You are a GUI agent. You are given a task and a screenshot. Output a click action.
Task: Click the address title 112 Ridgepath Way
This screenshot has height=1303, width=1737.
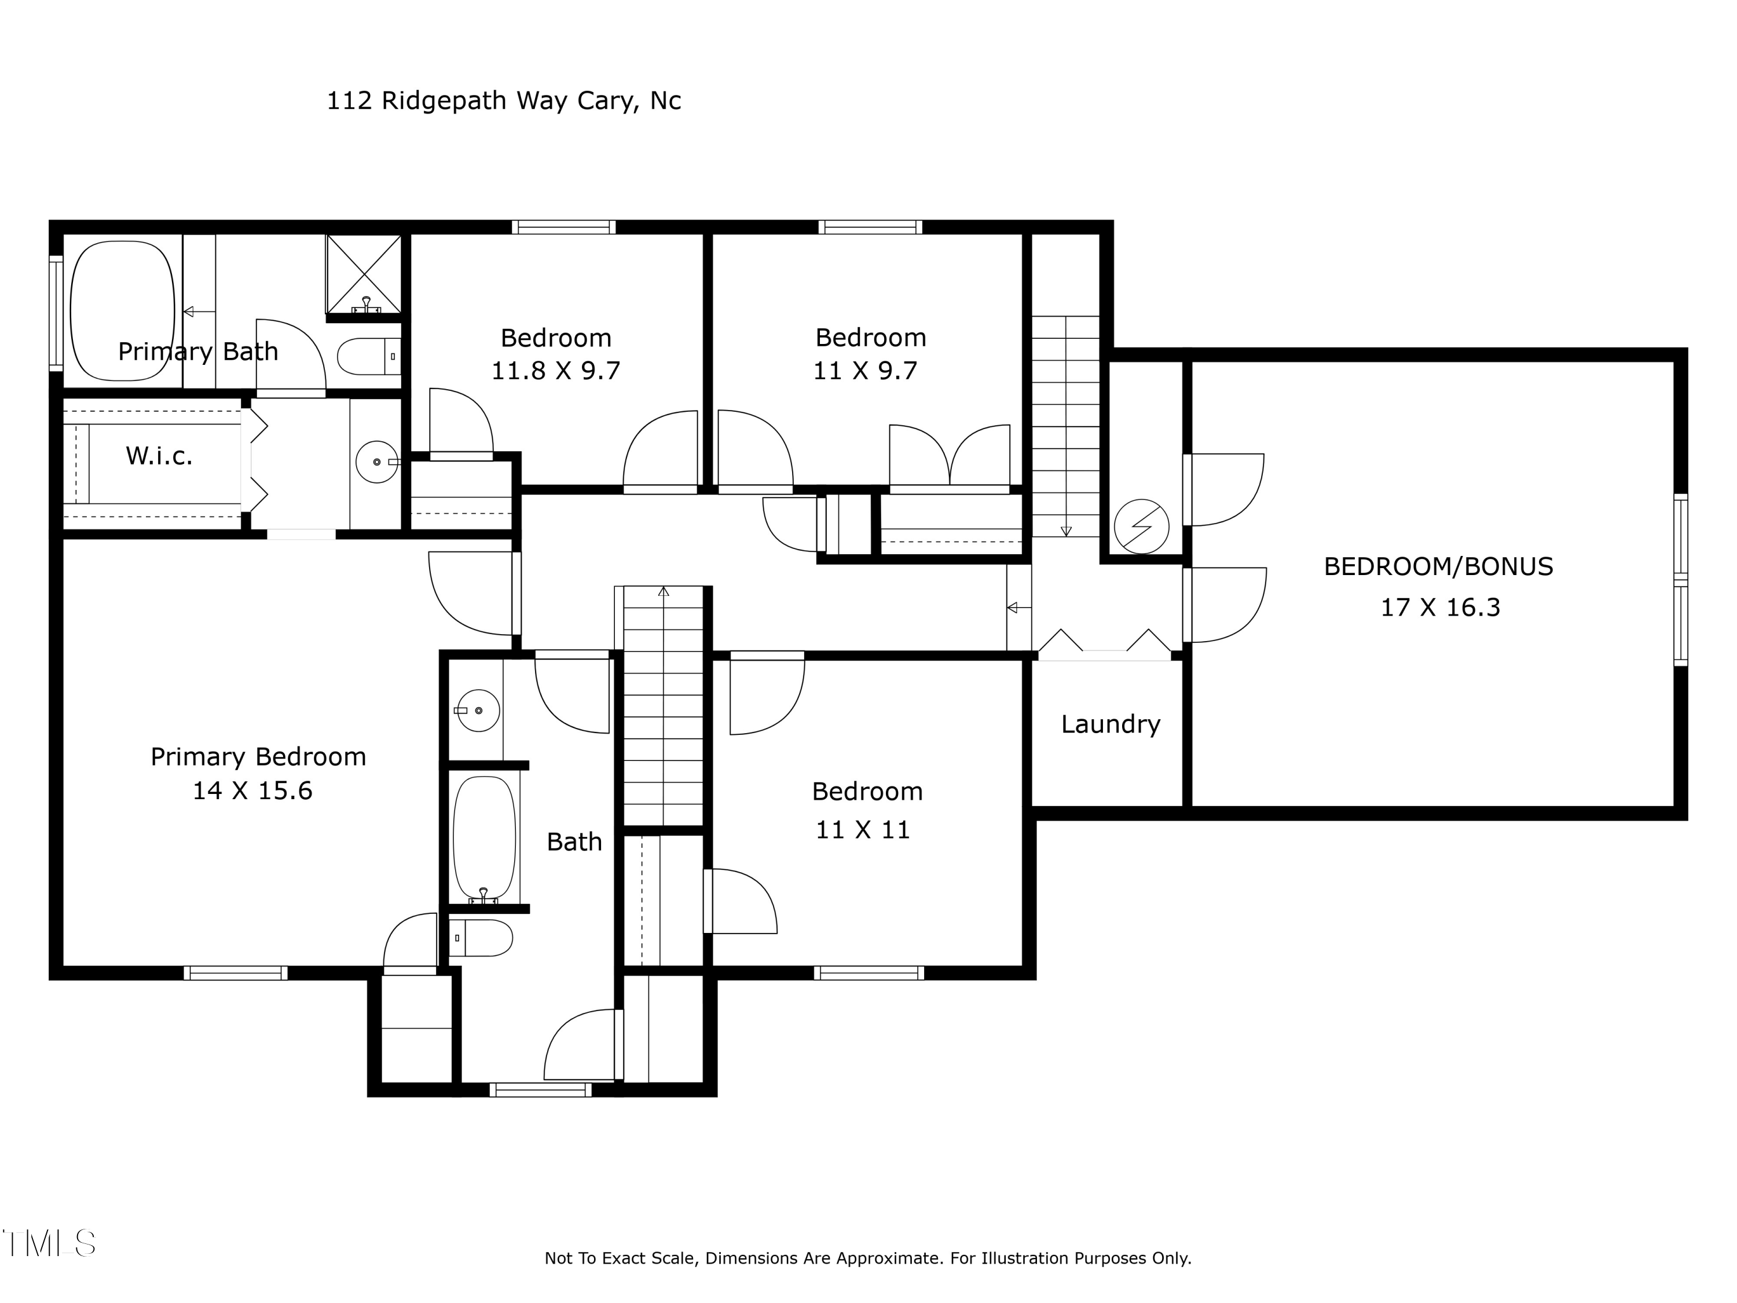[x=503, y=101]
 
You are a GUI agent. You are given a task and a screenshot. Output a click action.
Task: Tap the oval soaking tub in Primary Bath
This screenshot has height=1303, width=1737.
[x=123, y=310]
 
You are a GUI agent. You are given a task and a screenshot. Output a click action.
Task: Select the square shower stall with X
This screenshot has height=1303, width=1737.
[x=364, y=274]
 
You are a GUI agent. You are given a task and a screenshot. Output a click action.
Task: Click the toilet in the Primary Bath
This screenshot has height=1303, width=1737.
[x=368, y=357]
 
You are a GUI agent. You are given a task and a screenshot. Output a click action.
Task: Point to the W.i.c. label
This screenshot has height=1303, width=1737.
[x=159, y=456]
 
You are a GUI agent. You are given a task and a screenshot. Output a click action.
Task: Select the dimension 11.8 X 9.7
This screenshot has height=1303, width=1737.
[x=555, y=371]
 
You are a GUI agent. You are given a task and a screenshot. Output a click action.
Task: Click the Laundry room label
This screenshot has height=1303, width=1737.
[x=1111, y=724]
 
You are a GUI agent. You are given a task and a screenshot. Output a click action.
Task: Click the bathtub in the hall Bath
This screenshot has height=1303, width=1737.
[x=485, y=837]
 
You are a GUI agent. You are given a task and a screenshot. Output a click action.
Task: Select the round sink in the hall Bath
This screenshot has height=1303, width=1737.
[x=478, y=710]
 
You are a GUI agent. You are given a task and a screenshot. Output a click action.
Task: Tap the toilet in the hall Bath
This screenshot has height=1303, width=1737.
[x=482, y=938]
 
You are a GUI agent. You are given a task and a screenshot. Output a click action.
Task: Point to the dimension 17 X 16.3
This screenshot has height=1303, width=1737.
[x=1440, y=607]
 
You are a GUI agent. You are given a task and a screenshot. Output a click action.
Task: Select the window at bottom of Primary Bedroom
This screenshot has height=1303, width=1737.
[x=236, y=973]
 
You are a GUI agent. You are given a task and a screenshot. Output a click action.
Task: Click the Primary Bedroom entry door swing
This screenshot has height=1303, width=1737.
[x=471, y=593]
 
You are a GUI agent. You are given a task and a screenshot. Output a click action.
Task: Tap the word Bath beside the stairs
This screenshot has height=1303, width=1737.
[x=574, y=842]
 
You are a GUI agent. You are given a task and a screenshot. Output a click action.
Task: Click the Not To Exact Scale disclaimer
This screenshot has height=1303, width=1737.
[x=868, y=1258]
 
